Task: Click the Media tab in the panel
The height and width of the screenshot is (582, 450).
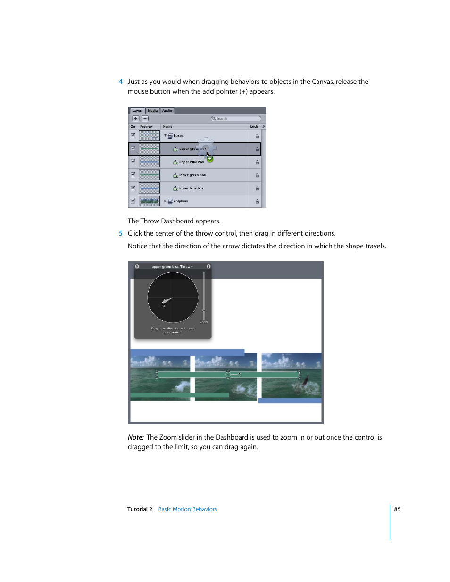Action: [153, 111]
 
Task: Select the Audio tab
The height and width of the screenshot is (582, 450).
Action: [167, 111]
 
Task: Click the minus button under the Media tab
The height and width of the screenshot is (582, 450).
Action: [145, 118]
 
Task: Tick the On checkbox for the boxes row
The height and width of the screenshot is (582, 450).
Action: [133, 136]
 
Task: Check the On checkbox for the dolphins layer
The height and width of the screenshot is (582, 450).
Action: [133, 201]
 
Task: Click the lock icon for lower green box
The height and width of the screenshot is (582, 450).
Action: [257, 175]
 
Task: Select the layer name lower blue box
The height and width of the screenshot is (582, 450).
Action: [191, 188]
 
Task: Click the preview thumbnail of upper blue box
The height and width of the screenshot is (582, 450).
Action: [149, 162]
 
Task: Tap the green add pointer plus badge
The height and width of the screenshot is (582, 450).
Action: [210, 159]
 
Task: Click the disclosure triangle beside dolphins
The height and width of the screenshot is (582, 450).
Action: [165, 201]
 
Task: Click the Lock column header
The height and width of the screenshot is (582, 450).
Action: [254, 127]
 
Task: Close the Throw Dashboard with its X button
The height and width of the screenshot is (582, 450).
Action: [137, 267]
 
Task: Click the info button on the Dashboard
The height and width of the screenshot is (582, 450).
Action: [208, 267]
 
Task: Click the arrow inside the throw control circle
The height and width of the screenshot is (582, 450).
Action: [167, 300]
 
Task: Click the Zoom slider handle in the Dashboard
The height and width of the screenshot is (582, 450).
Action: [204, 310]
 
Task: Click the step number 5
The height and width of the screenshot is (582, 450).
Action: [121, 233]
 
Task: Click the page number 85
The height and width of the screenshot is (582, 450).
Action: [397, 509]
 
